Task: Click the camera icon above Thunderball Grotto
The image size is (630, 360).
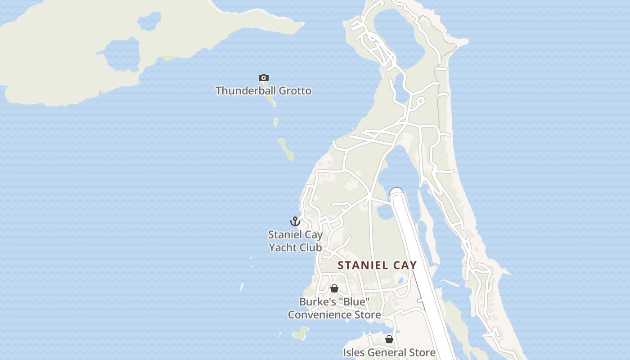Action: pyautogui.click(x=264, y=78)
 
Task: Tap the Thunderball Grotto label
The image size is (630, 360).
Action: pyautogui.click(x=263, y=91)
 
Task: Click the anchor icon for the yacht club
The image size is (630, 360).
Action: pyautogui.click(x=295, y=221)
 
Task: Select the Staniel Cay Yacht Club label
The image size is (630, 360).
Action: pyautogui.click(x=295, y=241)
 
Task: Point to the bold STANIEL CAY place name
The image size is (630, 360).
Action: pyautogui.click(x=377, y=265)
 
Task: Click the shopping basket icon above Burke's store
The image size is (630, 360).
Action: pyautogui.click(x=334, y=288)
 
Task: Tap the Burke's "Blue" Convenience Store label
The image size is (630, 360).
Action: pyautogui.click(x=334, y=308)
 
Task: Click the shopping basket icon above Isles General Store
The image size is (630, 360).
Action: pyautogui.click(x=389, y=339)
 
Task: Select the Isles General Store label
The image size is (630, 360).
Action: pyautogui.click(x=389, y=352)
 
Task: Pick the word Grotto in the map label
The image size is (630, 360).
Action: pyautogui.click(x=295, y=91)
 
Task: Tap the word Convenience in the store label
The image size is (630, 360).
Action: pyautogui.click(x=315, y=315)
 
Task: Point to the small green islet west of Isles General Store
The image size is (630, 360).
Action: pyautogui.click(x=300, y=333)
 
